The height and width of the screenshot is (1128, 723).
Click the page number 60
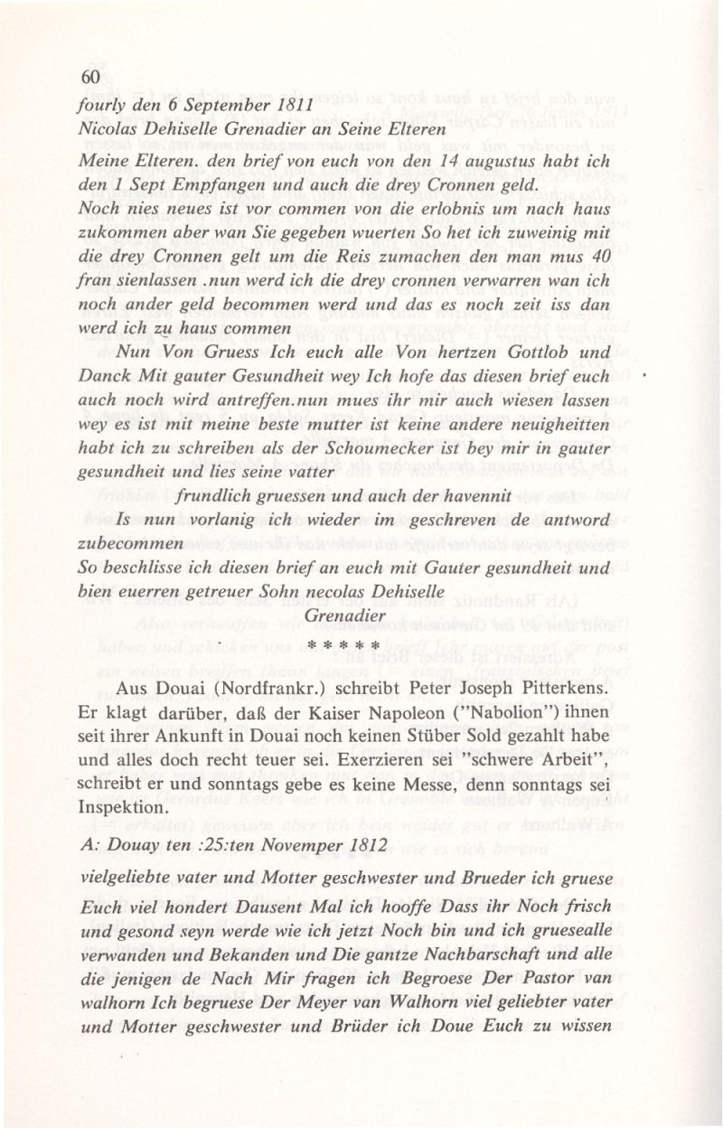(x=89, y=78)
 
